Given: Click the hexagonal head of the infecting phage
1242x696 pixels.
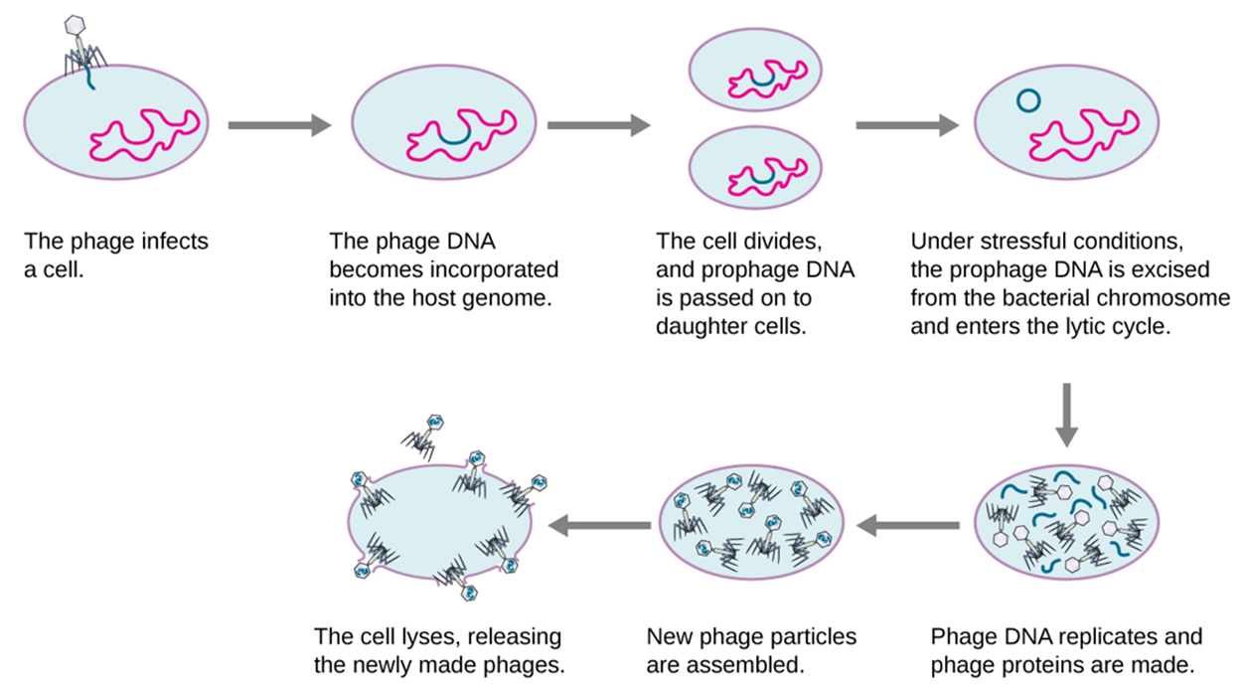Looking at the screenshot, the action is (75, 25).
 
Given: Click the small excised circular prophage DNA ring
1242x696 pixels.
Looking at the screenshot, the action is (1028, 101).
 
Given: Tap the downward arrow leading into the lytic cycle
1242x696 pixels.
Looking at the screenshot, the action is (1066, 415).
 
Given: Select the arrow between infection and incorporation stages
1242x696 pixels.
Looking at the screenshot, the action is (279, 125).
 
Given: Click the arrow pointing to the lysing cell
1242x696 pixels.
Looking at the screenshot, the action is (599, 525).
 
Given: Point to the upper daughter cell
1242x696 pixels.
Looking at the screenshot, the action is (755, 71).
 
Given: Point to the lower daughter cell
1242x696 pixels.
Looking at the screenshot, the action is (755, 168).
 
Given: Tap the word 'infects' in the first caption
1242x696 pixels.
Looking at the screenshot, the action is (175, 242).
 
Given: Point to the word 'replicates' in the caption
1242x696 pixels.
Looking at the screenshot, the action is (1109, 636).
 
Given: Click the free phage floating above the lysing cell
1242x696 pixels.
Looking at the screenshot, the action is (423, 435).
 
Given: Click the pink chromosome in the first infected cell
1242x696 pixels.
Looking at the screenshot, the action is (144, 135).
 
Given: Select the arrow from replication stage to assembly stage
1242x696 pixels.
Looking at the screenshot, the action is (908, 525).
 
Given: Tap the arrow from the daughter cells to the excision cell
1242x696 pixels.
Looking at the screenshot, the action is (908, 125).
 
